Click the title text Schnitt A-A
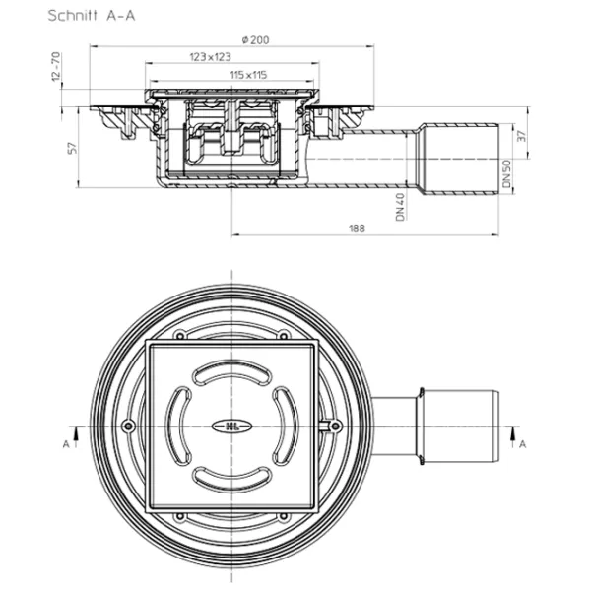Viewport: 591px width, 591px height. point(92,16)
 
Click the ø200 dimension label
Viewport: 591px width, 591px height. point(255,40)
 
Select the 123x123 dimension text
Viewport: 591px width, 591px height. point(210,57)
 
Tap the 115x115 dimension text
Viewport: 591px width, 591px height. point(248,75)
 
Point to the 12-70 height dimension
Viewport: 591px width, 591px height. point(56,67)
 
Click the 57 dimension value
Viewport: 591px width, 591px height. point(72,148)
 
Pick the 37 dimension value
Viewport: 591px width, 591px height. point(521,136)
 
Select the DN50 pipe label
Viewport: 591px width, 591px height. point(507,173)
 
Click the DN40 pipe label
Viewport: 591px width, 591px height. point(400,207)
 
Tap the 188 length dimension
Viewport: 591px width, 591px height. point(357,229)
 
